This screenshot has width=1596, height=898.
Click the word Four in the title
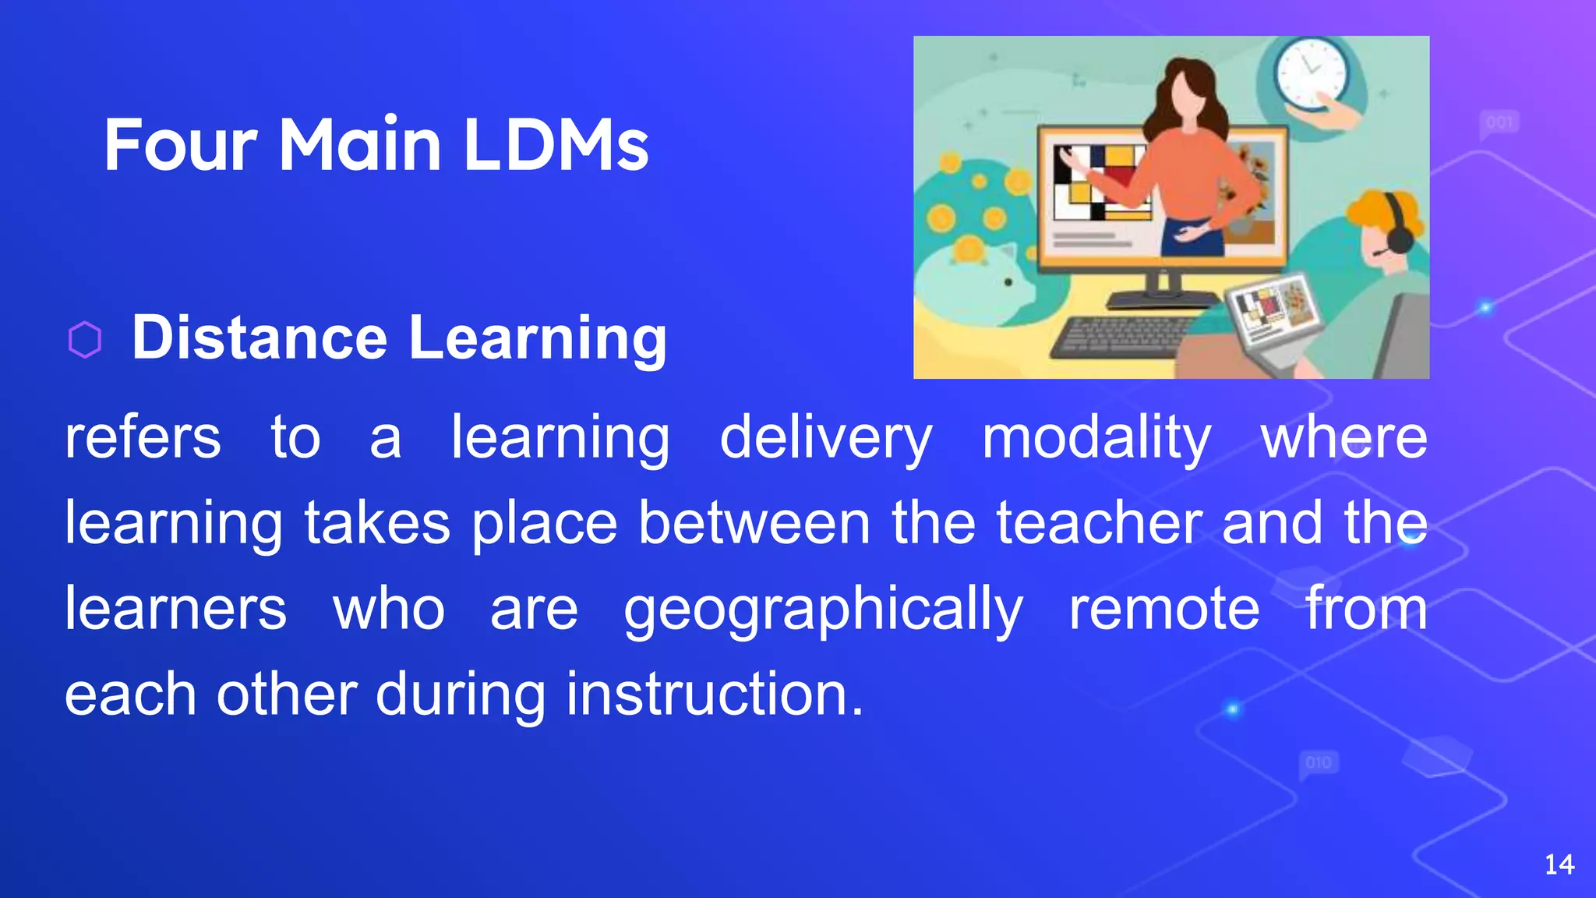coord(180,145)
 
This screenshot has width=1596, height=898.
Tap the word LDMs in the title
coord(556,145)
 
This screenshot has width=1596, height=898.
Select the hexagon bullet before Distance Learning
coord(85,340)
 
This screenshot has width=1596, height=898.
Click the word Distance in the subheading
coord(260,338)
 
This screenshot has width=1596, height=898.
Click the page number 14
coord(1559,864)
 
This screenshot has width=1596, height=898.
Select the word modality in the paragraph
coord(1096,439)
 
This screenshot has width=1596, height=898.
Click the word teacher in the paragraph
coord(1099,523)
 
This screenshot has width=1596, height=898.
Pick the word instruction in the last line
coord(715,694)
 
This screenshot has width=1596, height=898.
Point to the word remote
coord(1163,609)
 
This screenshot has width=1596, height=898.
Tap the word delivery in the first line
coord(825,439)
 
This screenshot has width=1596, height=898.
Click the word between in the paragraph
coord(754,523)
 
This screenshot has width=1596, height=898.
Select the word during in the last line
coord(461,695)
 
